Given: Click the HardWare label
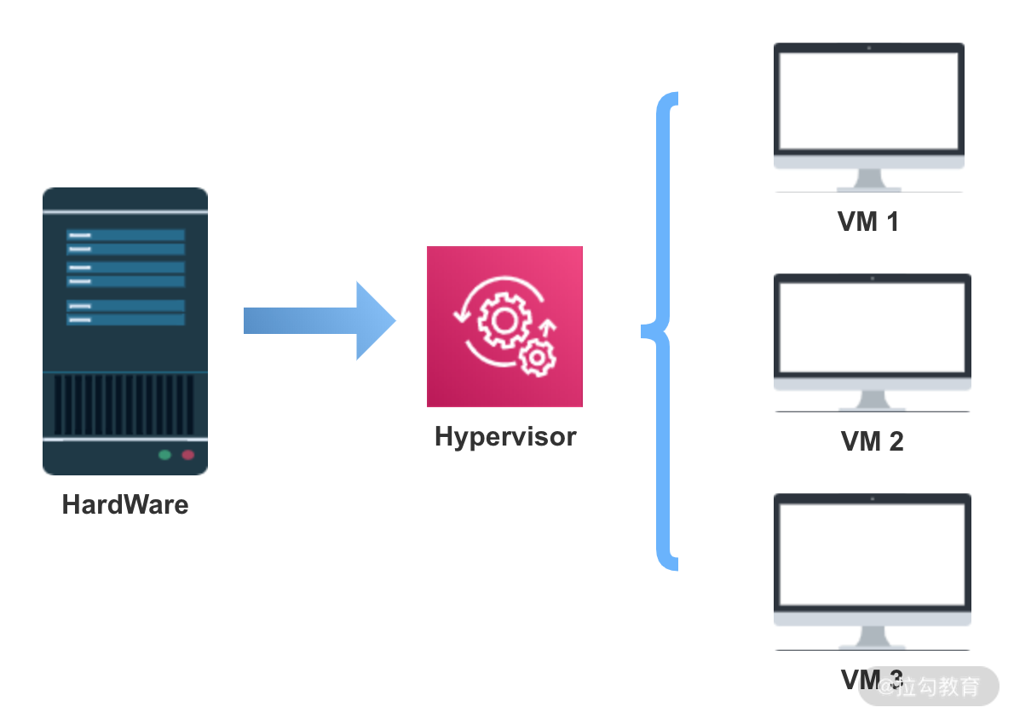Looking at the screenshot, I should [125, 504].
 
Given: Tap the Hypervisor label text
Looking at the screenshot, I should [505, 437].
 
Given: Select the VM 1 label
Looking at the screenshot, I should [868, 222].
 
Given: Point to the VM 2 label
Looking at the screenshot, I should [872, 441].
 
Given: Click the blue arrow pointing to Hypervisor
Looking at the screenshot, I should [320, 321].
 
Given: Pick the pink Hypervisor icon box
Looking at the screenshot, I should [504, 326].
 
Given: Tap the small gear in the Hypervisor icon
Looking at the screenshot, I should [537, 357].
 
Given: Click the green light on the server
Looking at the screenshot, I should [164, 455].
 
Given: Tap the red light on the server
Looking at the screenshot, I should [187, 455].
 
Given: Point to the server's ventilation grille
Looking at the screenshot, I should [125, 406].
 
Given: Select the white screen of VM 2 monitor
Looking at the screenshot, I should [872, 328].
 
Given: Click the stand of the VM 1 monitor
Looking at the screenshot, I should [868, 180].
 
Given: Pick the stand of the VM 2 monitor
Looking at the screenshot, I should [872, 400].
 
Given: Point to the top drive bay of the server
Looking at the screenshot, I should [125, 235].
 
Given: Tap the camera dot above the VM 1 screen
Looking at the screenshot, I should [868, 47].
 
